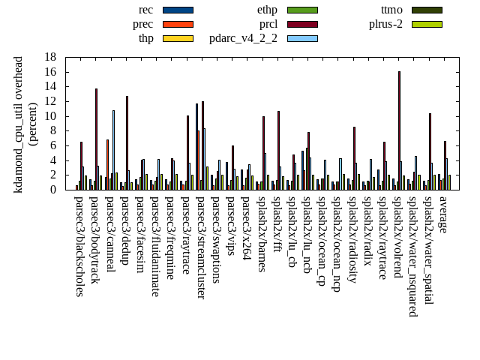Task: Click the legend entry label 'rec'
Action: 146,10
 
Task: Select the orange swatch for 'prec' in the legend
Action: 178,24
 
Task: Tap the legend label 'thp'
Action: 145,38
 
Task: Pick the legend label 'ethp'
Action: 267,10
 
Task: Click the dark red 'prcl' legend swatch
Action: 302,24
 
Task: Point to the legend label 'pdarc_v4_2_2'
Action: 243,38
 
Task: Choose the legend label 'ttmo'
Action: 391,10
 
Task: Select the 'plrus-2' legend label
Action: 385,24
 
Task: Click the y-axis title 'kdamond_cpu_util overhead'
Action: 19,124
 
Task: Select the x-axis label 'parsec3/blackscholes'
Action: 79,246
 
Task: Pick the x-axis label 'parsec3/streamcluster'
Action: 201,247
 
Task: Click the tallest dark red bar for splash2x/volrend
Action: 399,130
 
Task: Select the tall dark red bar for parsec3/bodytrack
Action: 96,139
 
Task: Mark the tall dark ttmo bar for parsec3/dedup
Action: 127,142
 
